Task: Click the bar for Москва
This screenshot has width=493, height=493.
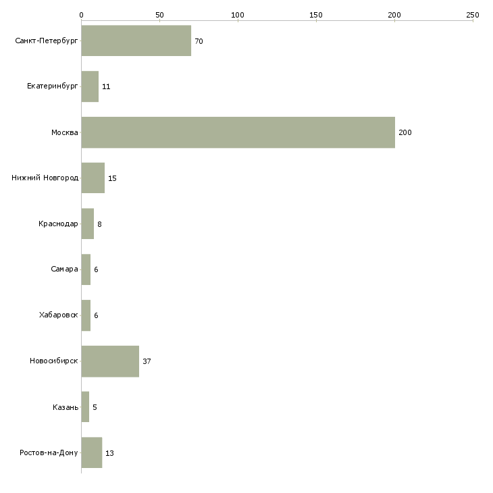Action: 238,132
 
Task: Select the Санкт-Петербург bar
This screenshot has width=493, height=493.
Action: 136,41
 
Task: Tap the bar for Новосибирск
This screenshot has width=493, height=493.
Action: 110,361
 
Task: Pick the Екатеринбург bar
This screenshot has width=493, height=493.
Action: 90,86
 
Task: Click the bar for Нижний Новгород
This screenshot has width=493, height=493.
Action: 93,178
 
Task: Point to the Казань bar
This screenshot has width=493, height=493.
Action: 85,407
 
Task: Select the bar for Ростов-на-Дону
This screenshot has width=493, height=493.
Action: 92,452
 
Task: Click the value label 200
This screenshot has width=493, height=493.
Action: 405,132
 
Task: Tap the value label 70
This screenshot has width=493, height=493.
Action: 199,41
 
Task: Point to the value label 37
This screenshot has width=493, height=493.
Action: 147,361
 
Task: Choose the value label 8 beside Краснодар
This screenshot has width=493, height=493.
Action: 99,224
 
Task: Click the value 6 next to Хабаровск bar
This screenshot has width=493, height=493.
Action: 96,315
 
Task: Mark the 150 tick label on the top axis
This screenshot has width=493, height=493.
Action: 315,15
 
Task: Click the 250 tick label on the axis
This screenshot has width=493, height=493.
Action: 473,15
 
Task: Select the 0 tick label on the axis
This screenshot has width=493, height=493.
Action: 82,15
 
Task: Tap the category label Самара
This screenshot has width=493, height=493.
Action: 64,269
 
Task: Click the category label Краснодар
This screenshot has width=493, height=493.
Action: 58,224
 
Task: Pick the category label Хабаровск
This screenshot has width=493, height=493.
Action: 59,315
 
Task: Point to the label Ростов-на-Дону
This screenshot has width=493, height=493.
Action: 49,452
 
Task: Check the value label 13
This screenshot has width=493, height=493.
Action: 109,453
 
